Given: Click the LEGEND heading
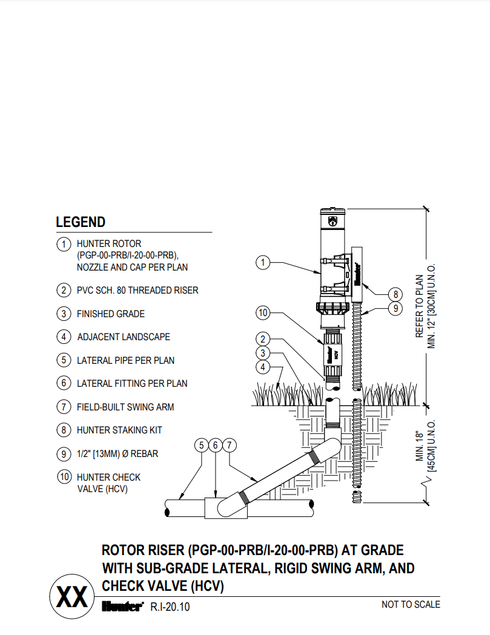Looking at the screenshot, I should (x=81, y=222).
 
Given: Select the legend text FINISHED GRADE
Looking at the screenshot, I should (x=110, y=314).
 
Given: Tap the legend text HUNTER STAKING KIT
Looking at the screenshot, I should (x=119, y=430).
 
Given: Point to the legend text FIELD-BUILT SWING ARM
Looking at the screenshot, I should (x=125, y=407).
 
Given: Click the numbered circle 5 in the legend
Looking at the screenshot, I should (x=64, y=360).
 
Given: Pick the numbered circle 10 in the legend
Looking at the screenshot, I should (x=64, y=477).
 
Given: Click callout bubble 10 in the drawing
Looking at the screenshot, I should (x=262, y=313).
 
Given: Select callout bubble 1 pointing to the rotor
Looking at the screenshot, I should (x=262, y=263).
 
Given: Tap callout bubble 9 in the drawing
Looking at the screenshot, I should (x=395, y=308).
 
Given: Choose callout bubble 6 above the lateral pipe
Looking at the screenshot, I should (x=216, y=446).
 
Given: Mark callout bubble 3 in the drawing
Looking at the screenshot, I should (x=262, y=353).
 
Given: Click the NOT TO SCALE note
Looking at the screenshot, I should (x=410, y=604).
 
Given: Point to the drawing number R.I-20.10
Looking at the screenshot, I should (x=170, y=607).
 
